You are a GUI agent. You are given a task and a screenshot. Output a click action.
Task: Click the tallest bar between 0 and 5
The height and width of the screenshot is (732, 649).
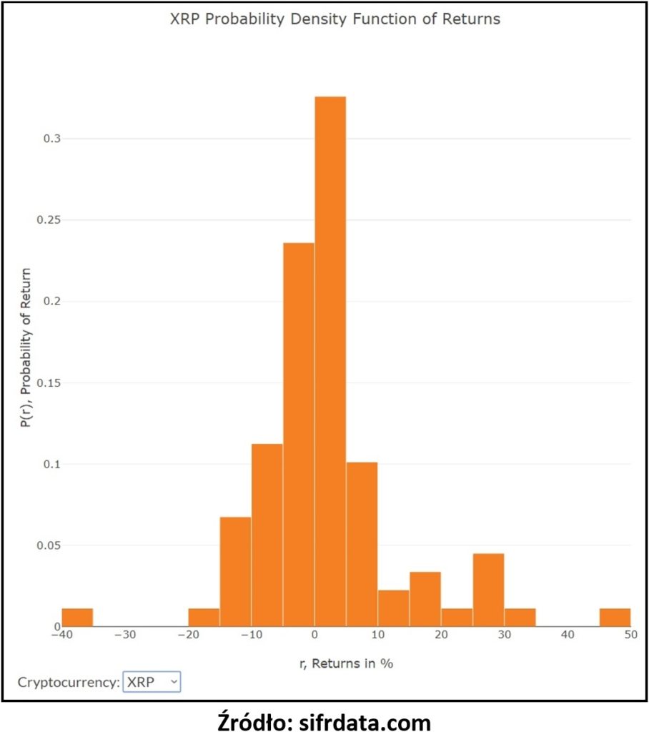[330, 361]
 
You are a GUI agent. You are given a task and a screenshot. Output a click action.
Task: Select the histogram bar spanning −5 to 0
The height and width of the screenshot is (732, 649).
[299, 435]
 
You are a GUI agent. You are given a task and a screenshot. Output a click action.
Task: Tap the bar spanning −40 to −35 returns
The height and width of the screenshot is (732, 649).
[77, 618]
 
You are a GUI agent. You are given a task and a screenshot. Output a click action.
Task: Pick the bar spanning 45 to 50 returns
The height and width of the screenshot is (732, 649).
[615, 618]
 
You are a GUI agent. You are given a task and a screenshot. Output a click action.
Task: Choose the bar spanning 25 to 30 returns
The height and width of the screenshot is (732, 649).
[488, 590]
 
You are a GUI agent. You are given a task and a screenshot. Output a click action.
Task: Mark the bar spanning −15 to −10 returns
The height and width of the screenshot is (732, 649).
[235, 572]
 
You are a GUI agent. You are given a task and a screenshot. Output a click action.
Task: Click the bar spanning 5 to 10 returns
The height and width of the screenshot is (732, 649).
[362, 545]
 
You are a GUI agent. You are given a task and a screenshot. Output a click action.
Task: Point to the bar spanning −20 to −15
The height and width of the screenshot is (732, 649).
[204, 618]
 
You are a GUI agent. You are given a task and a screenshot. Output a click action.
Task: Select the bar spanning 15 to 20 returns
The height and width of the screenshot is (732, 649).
[425, 599]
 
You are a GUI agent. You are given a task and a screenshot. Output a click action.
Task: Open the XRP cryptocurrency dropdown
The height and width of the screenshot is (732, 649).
[152, 682]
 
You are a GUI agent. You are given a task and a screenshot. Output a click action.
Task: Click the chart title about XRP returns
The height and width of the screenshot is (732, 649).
[335, 19]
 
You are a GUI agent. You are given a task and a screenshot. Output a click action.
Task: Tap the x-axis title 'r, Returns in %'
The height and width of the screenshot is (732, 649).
[346, 663]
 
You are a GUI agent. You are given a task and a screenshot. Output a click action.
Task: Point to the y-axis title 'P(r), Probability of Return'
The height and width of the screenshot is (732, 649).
[26, 347]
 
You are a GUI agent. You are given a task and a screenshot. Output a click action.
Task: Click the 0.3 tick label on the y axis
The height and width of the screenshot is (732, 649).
[44, 139]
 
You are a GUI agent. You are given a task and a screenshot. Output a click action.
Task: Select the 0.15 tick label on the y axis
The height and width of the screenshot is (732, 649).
[41, 383]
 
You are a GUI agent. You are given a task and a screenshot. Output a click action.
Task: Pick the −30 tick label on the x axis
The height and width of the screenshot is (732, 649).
[125, 634]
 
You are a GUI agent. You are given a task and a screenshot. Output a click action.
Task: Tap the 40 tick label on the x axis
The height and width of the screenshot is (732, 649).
[568, 634]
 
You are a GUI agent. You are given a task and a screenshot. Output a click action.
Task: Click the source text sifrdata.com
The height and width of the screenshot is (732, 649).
[363, 723]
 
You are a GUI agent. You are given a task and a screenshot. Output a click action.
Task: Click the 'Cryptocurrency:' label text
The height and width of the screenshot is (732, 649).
[69, 682]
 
